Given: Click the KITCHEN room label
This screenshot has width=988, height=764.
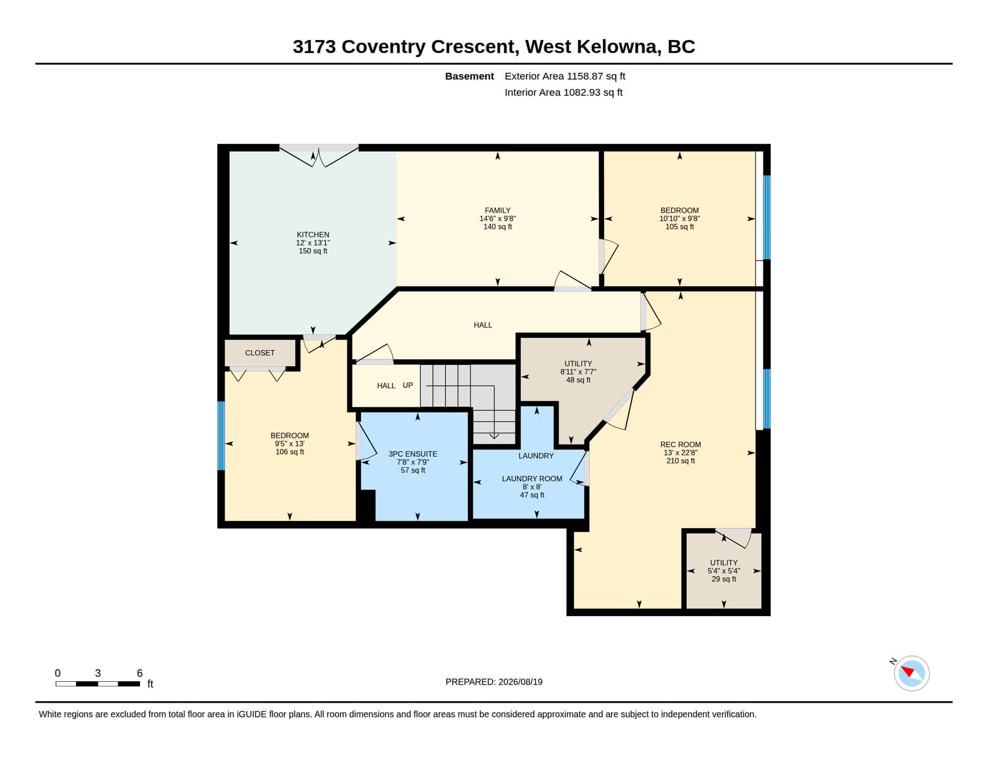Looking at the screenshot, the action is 313,235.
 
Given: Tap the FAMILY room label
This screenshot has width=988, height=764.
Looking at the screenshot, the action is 498,210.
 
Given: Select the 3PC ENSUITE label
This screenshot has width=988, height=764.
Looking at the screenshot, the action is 413,454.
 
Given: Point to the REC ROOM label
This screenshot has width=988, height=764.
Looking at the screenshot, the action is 680,444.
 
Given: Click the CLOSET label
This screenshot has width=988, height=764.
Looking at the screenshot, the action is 260,353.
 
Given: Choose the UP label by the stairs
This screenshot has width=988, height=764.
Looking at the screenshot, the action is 408,385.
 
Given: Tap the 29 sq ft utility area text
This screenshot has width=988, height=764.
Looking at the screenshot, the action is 724,579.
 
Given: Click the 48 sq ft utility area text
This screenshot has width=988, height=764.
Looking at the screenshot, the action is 578,380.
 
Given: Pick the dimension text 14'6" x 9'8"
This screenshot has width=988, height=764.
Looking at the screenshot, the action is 498,218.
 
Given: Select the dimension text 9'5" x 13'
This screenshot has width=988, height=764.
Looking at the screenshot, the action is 290,444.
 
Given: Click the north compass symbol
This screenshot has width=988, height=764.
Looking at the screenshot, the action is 911,673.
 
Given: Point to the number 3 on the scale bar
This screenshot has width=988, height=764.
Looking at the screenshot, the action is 98,673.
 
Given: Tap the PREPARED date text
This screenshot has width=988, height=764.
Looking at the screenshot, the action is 494,682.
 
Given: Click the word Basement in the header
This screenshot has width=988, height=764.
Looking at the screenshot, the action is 469,76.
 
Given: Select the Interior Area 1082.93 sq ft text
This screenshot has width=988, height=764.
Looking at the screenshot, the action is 564,92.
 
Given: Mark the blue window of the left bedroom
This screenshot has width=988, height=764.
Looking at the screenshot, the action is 221,436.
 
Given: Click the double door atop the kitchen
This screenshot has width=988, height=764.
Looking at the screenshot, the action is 319,155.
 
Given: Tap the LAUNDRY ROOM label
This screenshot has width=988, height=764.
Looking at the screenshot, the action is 532,479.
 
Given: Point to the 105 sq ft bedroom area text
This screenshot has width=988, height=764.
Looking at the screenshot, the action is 679,227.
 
